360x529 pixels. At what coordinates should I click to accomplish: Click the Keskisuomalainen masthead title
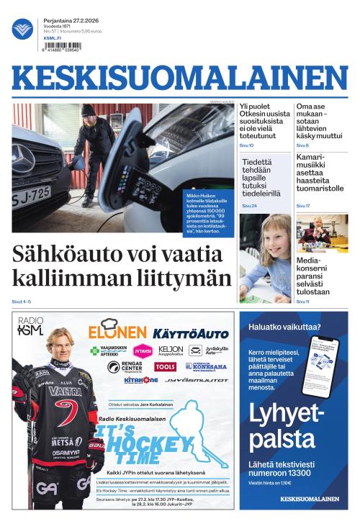pyautogui.click(x=180, y=78)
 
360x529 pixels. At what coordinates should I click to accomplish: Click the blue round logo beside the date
pyautogui.click(x=22, y=30)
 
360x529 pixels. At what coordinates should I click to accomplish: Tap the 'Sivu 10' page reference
pyautogui.click(x=246, y=145)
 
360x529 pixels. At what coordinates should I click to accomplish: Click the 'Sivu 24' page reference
pyautogui.click(x=249, y=206)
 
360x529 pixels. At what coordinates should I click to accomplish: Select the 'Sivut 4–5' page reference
pyautogui.click(x=22, y=301)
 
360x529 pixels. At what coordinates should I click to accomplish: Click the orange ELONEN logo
pyautogui.click(x=117, y=332)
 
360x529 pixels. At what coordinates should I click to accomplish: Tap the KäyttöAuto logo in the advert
pyautogui.click(x=190, y=333)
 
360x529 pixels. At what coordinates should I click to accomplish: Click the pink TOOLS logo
pyautogui.click(x=165, y=367)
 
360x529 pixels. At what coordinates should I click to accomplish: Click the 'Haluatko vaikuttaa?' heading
pyautogui.click(x=284, y=327)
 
